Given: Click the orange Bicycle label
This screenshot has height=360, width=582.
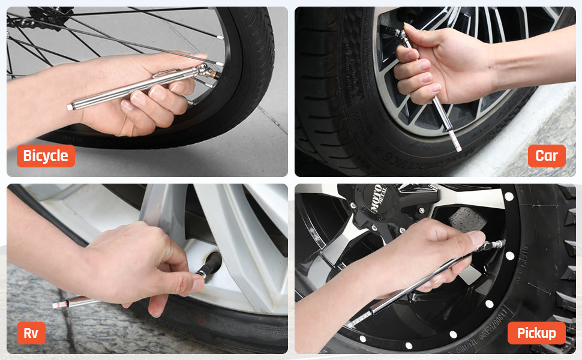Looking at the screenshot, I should point(46,156).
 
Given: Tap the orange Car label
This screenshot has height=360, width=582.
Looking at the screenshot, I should point(546,156).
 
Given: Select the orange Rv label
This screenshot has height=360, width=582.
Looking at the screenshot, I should point(31,333).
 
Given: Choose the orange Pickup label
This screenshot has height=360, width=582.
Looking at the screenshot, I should point(536,333).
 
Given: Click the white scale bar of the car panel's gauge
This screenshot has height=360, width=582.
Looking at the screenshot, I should point(455,140).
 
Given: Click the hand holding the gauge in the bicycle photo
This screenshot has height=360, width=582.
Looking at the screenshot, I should point(144,96).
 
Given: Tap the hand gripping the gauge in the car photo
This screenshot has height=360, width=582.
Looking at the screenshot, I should point(432,60).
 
